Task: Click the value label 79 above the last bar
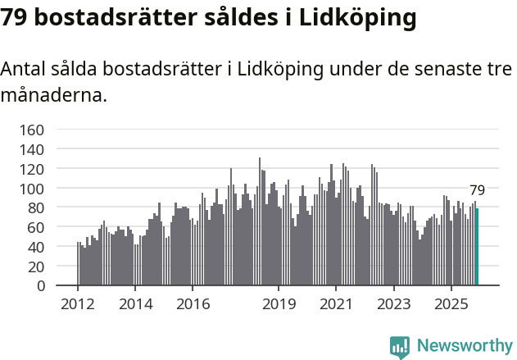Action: click(477, 190)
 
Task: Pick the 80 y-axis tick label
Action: click(36, 207)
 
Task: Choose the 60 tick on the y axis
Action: click(36, 227)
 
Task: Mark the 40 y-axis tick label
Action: click(36, 247)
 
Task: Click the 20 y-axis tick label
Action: click(36, 267)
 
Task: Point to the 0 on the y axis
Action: click(40, 286)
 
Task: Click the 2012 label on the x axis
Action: click(78, 304)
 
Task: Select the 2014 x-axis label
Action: click(136, 304)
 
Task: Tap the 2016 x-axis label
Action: click(193, 304)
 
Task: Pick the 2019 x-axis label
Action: click(279, 304)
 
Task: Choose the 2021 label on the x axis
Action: click(336, 304)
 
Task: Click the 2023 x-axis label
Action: click(394, 304)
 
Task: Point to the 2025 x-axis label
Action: click(451, 304)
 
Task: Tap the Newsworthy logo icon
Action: click(400, 346)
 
